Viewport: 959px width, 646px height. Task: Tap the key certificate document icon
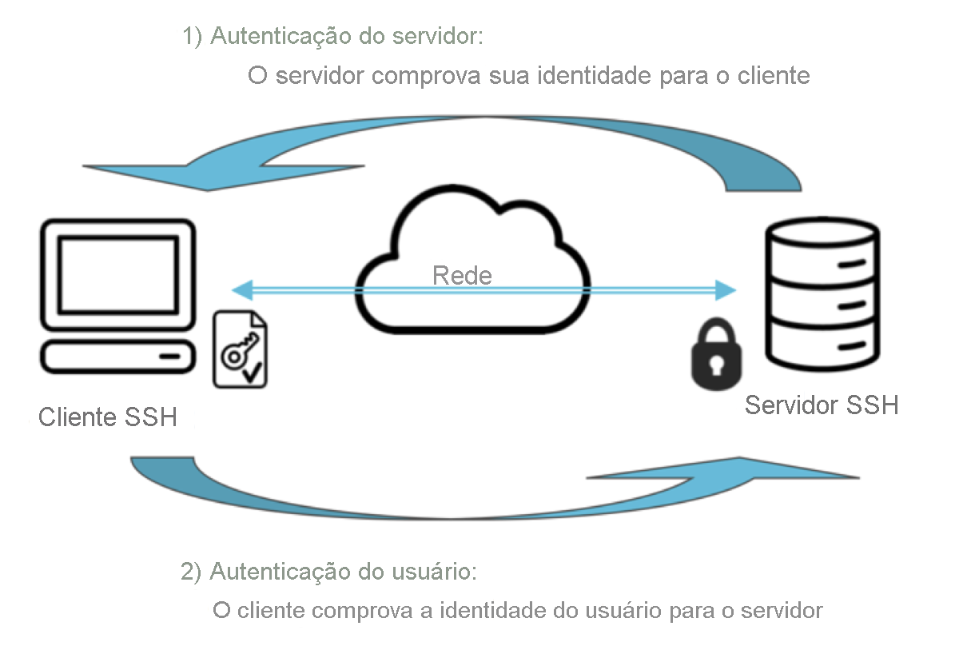click(240, 350)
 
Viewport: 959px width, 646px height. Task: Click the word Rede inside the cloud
click(462, 276)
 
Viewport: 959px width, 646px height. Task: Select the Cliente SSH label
click(108, 417)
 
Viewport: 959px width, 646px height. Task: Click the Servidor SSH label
click(822, 405)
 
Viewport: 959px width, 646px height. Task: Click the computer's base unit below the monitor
click(118, 357)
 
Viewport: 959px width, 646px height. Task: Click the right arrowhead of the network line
click(726, 289)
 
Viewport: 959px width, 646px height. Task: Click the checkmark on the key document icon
click(253, 371)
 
